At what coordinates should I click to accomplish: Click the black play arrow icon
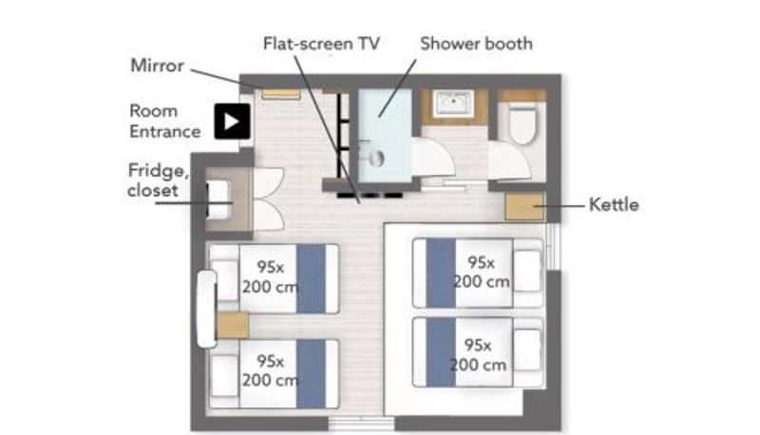[232, 122]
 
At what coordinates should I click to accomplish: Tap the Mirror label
[157, 66]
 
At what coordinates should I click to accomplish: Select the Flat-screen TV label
[321, 44]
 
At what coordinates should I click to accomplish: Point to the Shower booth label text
[476, 44]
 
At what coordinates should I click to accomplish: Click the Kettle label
[614, 204]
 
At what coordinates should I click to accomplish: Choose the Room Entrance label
[164, 122]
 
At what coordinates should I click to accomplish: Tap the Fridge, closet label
[157, 180]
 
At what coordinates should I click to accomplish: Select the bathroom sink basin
[454, 104]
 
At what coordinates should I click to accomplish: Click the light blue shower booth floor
[385, 134]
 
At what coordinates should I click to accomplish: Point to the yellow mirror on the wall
[281, 93]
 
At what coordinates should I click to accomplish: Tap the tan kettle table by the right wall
[525, 207]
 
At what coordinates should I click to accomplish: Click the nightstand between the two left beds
[232, 326]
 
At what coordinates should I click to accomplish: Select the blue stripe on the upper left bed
[312, 278]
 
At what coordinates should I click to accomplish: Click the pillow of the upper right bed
[527, 272]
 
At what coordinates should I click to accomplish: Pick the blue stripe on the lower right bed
[441, 352]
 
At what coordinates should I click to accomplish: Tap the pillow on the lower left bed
[225, 376]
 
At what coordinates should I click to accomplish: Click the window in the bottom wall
[362, 424]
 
